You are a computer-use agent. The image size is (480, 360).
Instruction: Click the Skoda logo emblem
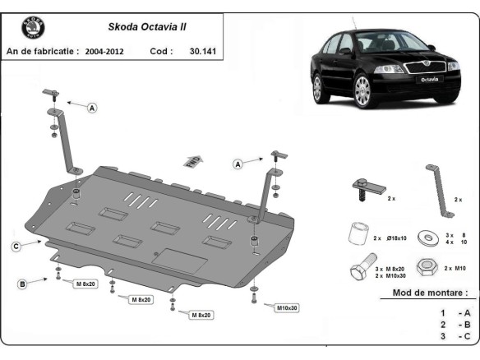pos(34,29)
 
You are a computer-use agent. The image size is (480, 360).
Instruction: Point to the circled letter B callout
pos(22,284)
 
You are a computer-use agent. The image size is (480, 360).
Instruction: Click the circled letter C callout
pos(16,246)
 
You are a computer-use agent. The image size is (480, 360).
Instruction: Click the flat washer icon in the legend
pos(427,238)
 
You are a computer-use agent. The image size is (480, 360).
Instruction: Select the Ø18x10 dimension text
pos(396,238)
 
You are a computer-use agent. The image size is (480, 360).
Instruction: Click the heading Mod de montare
pos(430,293)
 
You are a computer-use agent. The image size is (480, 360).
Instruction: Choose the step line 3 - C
pos(454,335)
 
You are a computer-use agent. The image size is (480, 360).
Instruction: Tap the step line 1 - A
pos(454,313)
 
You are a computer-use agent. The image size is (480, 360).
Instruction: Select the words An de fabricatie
pos(42,51)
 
